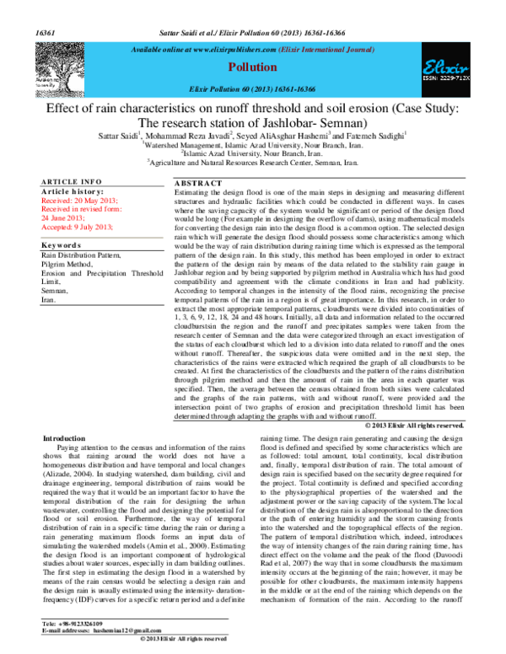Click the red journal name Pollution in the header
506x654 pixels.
tap(253, 67)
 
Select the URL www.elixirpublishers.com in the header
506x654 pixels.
tap(230, 50)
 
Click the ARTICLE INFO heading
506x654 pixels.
tap(72, 182)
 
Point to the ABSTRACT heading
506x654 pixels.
tap(199, 183)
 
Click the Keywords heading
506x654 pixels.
tap(63, 245)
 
